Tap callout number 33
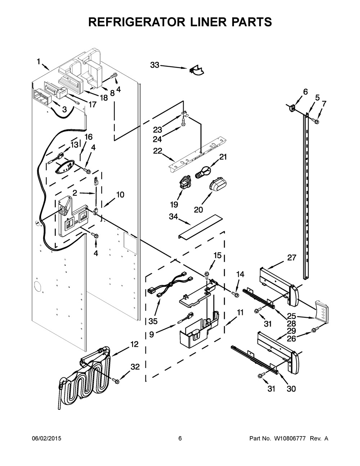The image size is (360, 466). pyautogui.click(x=154, y=65)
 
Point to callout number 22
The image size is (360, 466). pyautogui.click(x=158, y=151)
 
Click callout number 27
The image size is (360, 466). pyautogui.click(x=292, y=257)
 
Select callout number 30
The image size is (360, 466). pyautogui.click(x=291, y=389)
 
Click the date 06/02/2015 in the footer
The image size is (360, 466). pyautogui.click(x=46, y=438)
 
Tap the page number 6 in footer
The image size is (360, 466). pyautogui.click(x=180, y=438)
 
